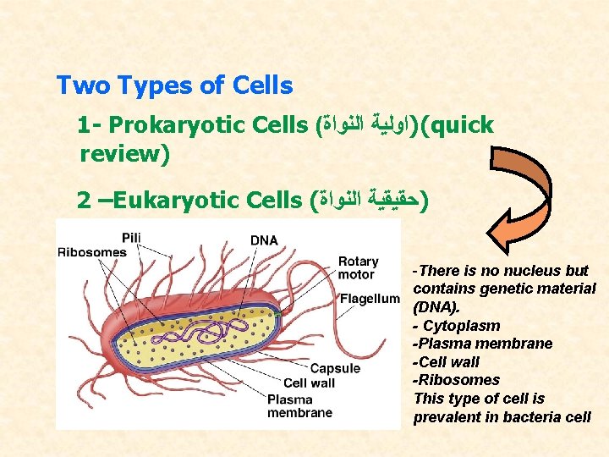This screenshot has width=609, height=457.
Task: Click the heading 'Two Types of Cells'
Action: pos(174,85)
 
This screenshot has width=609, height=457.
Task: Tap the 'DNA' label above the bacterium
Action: pos(264,240)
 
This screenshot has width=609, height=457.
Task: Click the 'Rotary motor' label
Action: pos(358,267)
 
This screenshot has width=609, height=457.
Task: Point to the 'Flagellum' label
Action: pos(370,298)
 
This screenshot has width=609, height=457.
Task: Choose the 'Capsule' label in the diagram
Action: pos(335,368)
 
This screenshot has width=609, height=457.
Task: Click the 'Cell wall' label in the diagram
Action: pos(309,383)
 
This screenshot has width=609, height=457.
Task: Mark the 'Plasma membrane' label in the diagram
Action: pos(299,406)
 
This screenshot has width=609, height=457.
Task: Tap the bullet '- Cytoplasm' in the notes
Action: pos(457,326)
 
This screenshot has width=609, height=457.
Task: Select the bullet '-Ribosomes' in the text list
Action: pos(456,380)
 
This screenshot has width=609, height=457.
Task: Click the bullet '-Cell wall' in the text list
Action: pos(446,362)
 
